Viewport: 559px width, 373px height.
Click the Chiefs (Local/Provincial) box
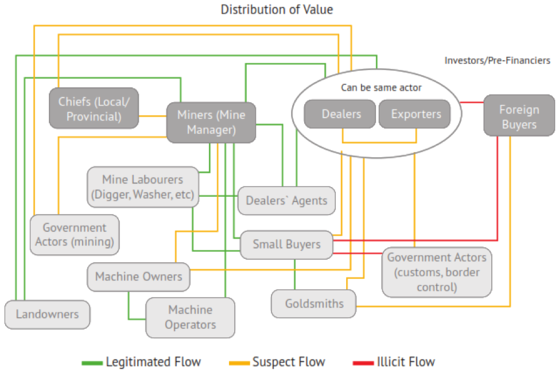(94, 109)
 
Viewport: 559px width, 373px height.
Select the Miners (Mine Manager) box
(211, 122)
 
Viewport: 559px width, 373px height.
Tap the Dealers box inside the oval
(341, 114)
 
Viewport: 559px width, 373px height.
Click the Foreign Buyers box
(518, 116)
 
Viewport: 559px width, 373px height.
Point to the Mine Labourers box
(143, 187)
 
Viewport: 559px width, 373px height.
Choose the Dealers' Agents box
(286, 200)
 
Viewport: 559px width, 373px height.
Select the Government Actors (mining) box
(74, 235)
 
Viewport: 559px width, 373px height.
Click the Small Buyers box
(286, 244)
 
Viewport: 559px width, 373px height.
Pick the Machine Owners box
(138, 277)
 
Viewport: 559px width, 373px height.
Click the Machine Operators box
(190, 317)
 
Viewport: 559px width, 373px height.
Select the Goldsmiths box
(313, 303)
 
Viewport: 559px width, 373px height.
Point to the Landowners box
(47, 314)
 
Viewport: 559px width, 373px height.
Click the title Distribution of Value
(277, 9)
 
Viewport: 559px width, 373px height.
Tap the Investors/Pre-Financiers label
(497, 60)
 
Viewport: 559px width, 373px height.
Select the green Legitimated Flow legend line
(92, 362)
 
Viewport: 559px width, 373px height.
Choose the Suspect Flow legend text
(289, 362)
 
